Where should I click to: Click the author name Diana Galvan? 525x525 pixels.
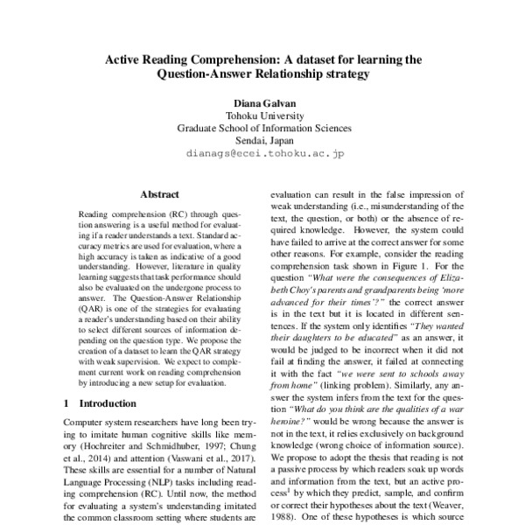(x=263, y=101)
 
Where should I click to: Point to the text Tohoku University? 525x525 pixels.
(x=263, y=114)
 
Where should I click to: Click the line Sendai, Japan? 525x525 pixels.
(x=263, y=139)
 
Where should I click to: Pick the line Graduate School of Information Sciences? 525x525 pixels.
(x=263, y=127)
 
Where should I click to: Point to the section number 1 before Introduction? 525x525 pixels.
(x=68, y=404)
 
